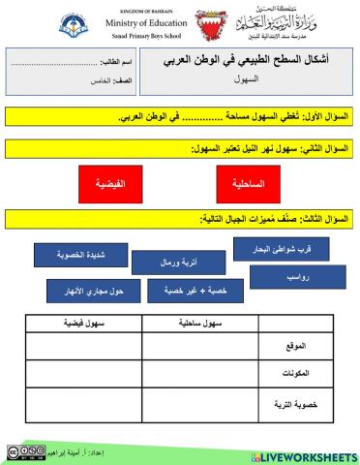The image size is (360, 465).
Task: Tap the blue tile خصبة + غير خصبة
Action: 190,291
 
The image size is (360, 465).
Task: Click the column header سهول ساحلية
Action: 199,323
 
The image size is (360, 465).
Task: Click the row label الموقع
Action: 301,346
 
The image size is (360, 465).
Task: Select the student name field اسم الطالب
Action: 73,61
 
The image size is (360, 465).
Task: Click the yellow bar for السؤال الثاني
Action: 180,149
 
